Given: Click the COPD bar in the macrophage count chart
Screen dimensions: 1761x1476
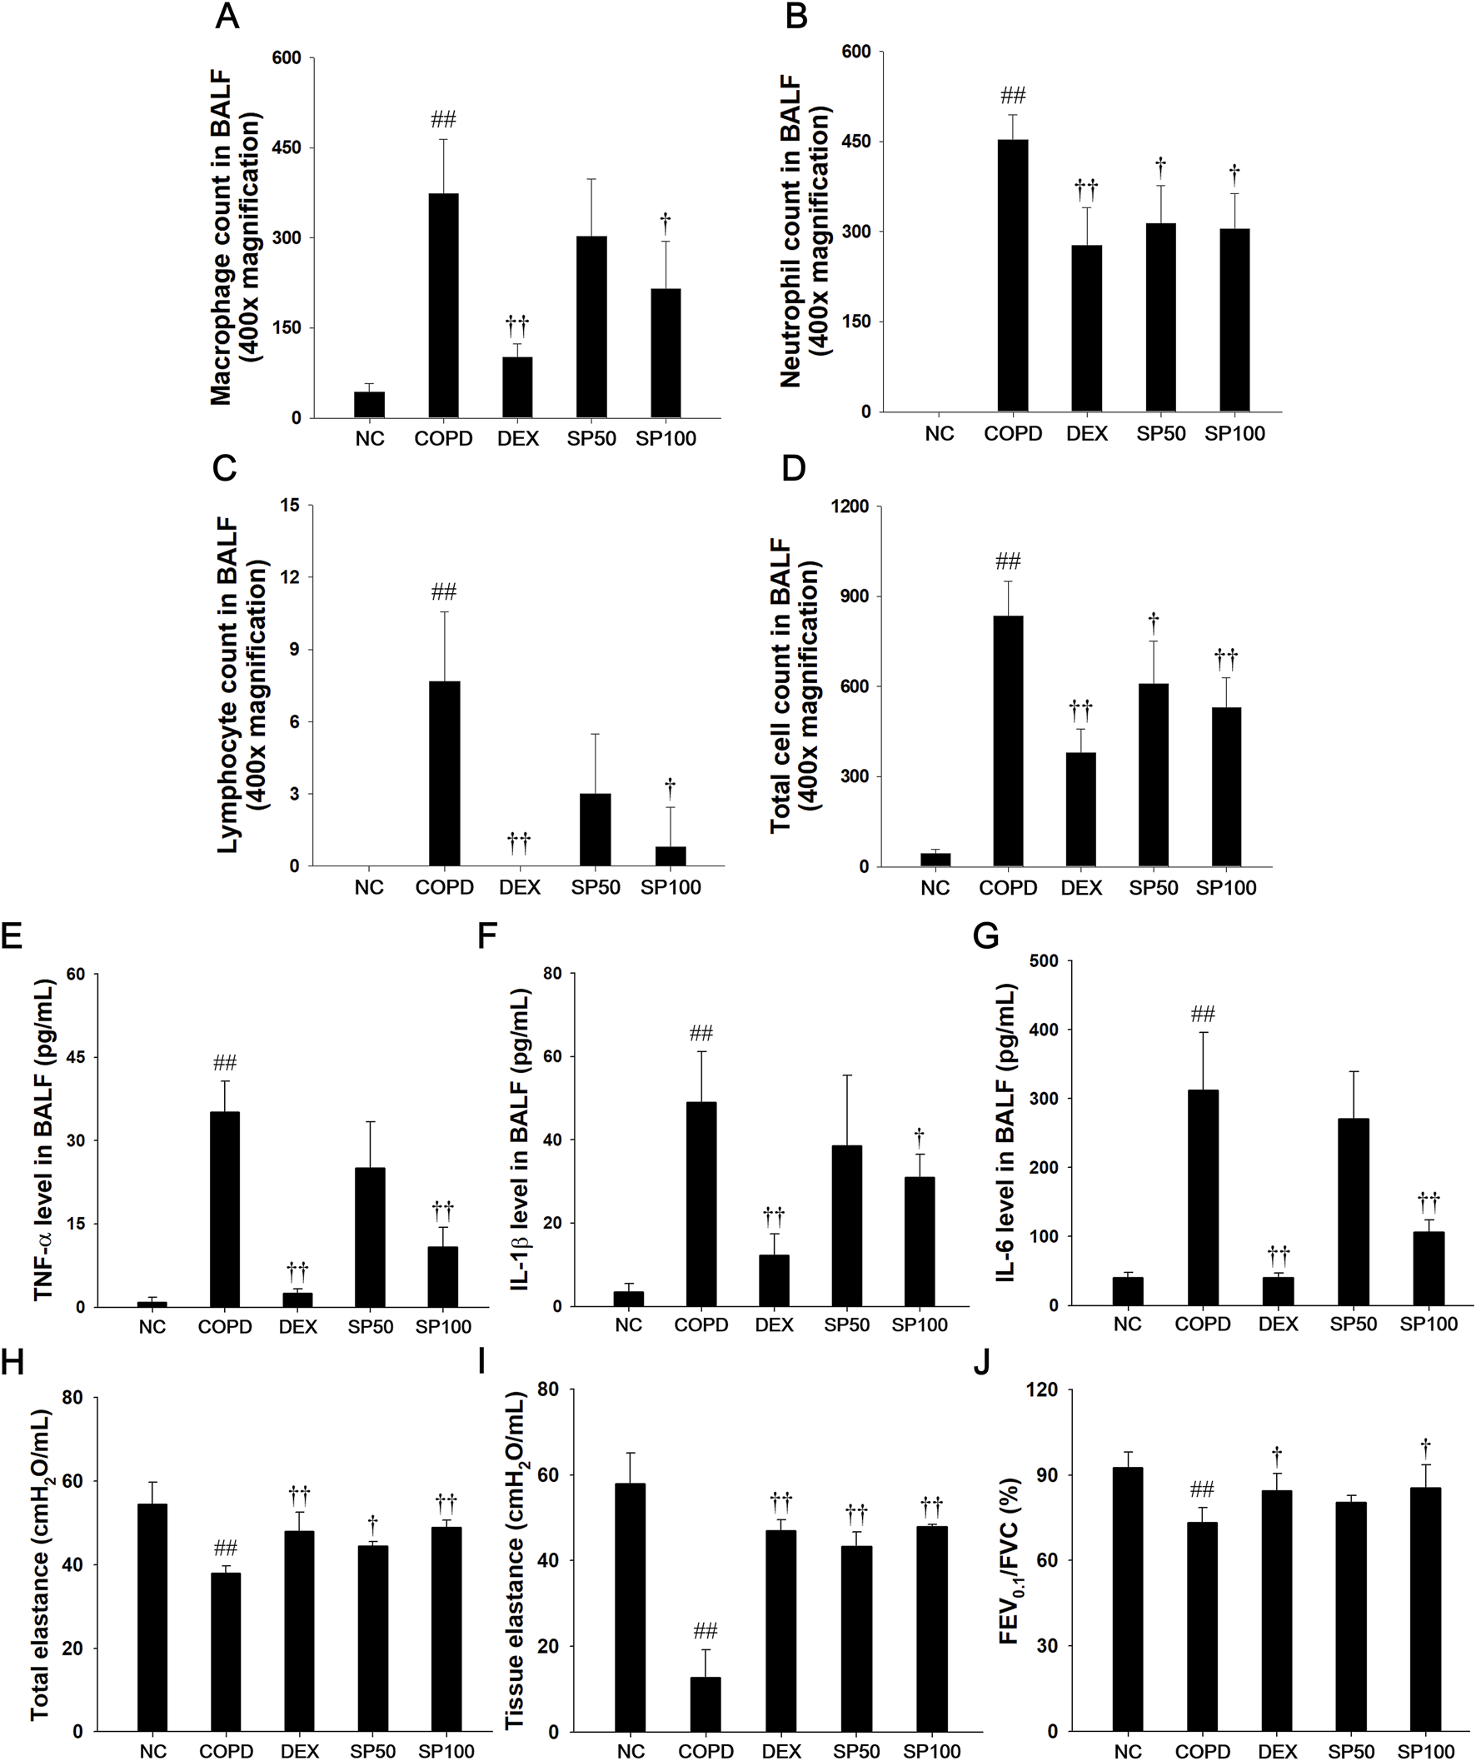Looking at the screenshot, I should pyautogui.click(x=443, y=306).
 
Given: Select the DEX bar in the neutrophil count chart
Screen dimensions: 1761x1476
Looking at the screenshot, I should pyautogui.click(x=1087, y=328).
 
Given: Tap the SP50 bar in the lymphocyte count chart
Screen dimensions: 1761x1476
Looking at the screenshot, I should pyautogui.click(x=596, y=830).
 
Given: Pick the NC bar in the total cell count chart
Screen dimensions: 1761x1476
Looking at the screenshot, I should pyautogui.click(x=935, y=860).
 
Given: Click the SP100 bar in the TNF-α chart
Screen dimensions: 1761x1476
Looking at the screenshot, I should pyautogui.click(x=443, y=1276).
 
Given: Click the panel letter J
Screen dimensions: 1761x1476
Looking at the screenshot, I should pyautogui.click(x=982, y=1363).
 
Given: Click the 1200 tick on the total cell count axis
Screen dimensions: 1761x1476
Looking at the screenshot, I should pyautogui.click(x=849, y=506).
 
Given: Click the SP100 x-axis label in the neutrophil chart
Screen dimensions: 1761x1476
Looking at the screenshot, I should pyautogui.click(x=1234, y=433).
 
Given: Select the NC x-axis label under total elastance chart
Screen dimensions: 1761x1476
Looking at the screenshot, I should pyautogui.click(x=153, y=1751).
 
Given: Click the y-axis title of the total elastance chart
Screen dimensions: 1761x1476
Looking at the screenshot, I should pyautogui.click(x=40, y=1564).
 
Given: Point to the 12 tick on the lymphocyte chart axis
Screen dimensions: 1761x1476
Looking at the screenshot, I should pyautogui.click(x=294, y=578).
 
